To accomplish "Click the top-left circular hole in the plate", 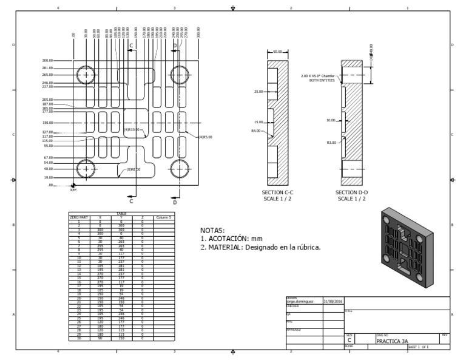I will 86,75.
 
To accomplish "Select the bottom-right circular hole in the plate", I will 180,168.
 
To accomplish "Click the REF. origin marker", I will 73,188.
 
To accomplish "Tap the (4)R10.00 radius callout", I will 132,129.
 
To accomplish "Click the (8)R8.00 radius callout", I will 133,169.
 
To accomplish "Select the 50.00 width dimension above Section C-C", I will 279,52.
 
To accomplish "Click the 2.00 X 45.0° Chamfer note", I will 319,78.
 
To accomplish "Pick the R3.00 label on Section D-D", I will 332,143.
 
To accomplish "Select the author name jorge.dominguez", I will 302,301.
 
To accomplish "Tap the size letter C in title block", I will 349,341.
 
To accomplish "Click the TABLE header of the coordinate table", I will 123,214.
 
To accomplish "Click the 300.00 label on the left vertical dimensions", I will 47,61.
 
